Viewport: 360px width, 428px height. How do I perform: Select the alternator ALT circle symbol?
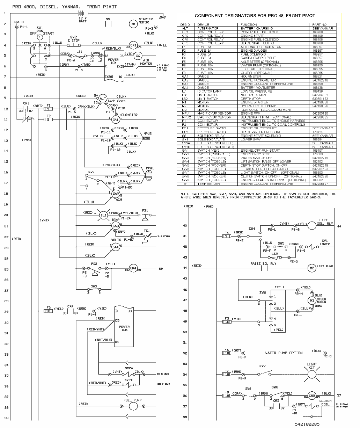coord(102,99)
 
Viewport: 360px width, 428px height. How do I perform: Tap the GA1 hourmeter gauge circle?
coord(116,119)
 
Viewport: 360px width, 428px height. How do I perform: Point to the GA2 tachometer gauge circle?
coord(116,194)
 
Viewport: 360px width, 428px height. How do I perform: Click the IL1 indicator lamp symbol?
coord(104,215)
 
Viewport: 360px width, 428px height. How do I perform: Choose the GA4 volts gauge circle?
coord(115,247)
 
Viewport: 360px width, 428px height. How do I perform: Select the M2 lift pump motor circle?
coord(311,268)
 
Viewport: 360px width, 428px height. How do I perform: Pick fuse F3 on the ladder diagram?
coord(48,311)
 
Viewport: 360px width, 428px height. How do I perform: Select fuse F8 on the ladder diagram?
coord(227,396)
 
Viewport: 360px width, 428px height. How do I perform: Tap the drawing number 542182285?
coord(307,424)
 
